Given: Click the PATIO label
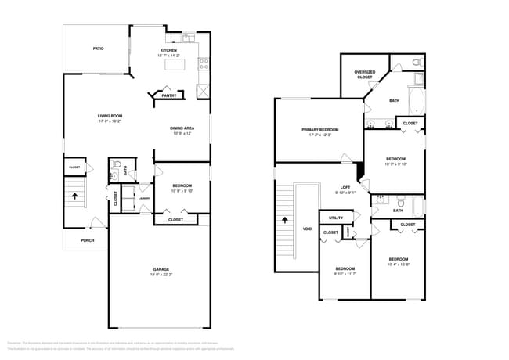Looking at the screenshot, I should (99, 49).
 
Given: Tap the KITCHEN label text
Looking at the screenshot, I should (168, 50).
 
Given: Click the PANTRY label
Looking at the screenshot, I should (168, 95).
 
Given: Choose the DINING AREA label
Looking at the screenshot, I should (182, 128).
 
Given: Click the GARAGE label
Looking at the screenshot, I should (161, 269).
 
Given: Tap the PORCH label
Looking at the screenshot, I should (88, 240).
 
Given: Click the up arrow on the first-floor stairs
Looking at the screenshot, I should (77, 197).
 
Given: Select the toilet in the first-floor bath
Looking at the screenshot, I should (116, 166).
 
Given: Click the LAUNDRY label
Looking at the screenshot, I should (144, 199).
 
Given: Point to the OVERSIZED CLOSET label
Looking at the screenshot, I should (364, 75).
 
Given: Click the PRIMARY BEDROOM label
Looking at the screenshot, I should (319, 129).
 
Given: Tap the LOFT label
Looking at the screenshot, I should (345, 187).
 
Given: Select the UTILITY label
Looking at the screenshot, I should (335, 218).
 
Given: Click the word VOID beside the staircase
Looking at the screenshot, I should (307, 229).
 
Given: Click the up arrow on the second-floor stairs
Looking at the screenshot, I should (283, 221).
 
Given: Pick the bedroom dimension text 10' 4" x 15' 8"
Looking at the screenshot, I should (399, 265).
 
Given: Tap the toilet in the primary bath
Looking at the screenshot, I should (417, 62).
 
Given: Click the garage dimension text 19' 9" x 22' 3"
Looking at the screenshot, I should (161, 275).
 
